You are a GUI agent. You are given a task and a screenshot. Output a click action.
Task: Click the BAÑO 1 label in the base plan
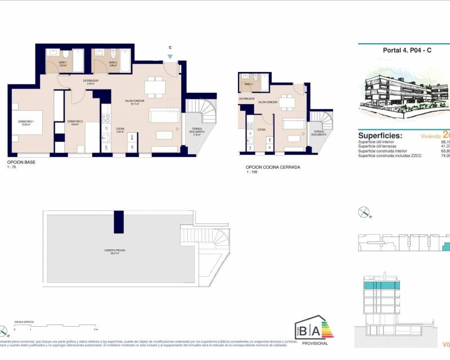click(x=63, y=64)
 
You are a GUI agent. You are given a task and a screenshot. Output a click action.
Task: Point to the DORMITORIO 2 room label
click(x=75, y=123)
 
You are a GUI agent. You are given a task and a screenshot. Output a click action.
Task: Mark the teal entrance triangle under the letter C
click(x=170, y=56)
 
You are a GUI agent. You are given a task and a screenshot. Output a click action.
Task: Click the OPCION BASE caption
click(x=21, y=162)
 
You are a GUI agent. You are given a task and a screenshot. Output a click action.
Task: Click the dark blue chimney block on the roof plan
click(x=119, y=222)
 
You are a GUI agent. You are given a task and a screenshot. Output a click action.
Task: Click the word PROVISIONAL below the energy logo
click(x=314, y=343)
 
